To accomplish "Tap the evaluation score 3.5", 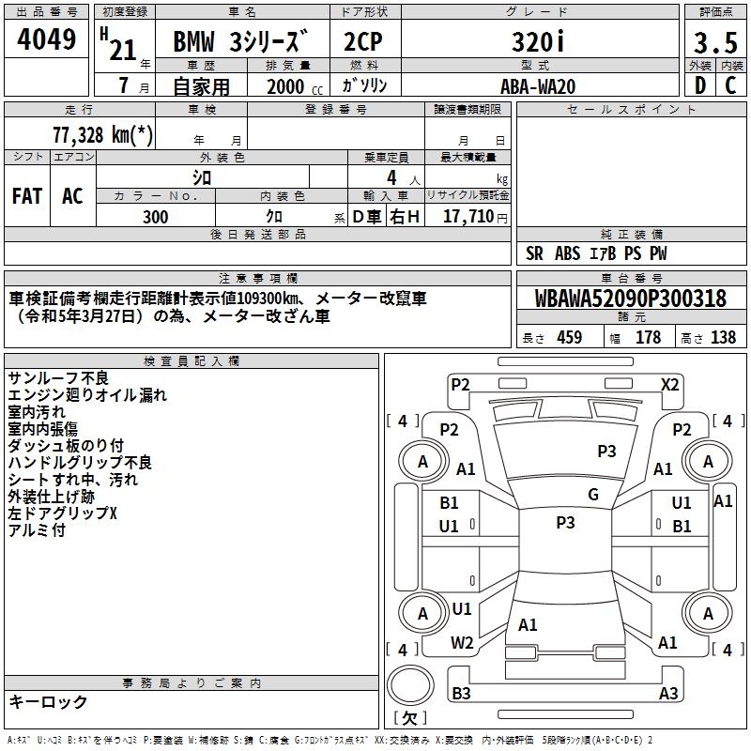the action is (x=714, y=43).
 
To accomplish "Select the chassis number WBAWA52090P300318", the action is (x=630, y=299).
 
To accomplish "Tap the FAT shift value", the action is (x=27, y=196).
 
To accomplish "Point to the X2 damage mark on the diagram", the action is (x=669, y=384).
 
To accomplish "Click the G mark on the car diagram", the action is (x=592, y=495).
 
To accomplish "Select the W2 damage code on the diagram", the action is (x=462, y=643).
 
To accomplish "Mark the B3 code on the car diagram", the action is (x=461, y=694).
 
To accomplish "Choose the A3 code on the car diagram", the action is (x=667, y=694).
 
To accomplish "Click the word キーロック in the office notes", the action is (x=48, y=702).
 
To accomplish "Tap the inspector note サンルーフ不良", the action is (x=58, y=377).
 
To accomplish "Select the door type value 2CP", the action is (x=362, y=43).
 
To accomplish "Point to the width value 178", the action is (x=648, y=338).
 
